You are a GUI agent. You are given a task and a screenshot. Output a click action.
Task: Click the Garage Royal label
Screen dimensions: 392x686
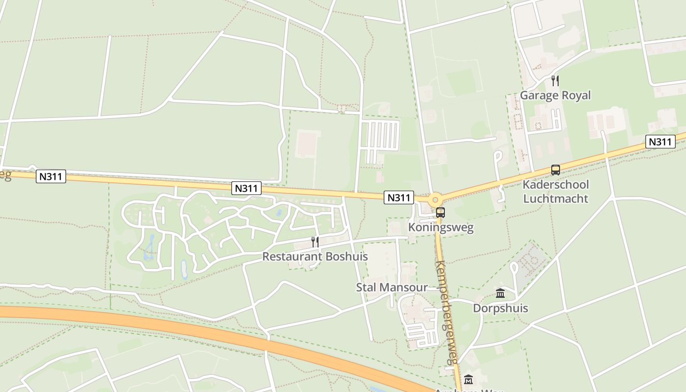pyautogui.click(x=555, y=95)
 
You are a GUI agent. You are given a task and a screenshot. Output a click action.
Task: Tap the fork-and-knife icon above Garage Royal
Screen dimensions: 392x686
pyautogui.click(x=555, y=81)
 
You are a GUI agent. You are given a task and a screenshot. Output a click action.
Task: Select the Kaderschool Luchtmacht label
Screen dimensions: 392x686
pyautogui.click(x=556, y=192)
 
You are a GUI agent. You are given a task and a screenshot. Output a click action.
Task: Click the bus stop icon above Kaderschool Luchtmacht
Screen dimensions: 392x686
pyautogui.click(x=555, y=170)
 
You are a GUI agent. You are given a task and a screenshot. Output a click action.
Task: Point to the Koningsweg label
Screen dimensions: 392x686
pyautogui.click(x=441, y=228)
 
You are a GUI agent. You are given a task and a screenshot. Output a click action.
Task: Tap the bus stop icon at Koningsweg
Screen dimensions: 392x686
pyautogui.click(x=441, y=213)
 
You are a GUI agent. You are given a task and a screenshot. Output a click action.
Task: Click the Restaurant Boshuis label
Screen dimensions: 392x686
pyautogui.click(x=315, y=256)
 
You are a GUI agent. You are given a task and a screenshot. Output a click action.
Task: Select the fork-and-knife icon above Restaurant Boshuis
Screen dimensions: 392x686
pyautogui.click(x=315, y=242)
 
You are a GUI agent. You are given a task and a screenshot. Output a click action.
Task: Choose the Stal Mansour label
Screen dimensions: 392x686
pyautogui.click(x=392, y=287)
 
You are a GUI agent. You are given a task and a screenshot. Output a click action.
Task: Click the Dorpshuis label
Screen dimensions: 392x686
pyautogui.click(x=500, y=308)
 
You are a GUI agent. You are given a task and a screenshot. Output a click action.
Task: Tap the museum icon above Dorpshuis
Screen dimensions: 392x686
pyautogui.click(x=500, y=294)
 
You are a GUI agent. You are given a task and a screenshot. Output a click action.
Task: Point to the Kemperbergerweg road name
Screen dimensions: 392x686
pyautogui.click(x=446, y=312)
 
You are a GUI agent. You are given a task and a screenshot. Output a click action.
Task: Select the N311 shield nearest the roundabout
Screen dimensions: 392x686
pyautogui.click(x=398, y=197)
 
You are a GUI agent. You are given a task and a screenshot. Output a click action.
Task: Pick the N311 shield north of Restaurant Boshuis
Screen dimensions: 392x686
pyautogui.click(x=246, y=188)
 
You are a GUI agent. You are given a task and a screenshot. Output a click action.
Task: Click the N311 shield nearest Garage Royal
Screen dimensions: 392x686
pyautogui.click(x=660, y=142)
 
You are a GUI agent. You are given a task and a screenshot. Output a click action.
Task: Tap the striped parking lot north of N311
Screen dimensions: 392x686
pyautogui.click(x=380, y=136)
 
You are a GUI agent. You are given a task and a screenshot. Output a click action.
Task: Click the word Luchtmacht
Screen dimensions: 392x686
pyautogui.click(x=556, y=198)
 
